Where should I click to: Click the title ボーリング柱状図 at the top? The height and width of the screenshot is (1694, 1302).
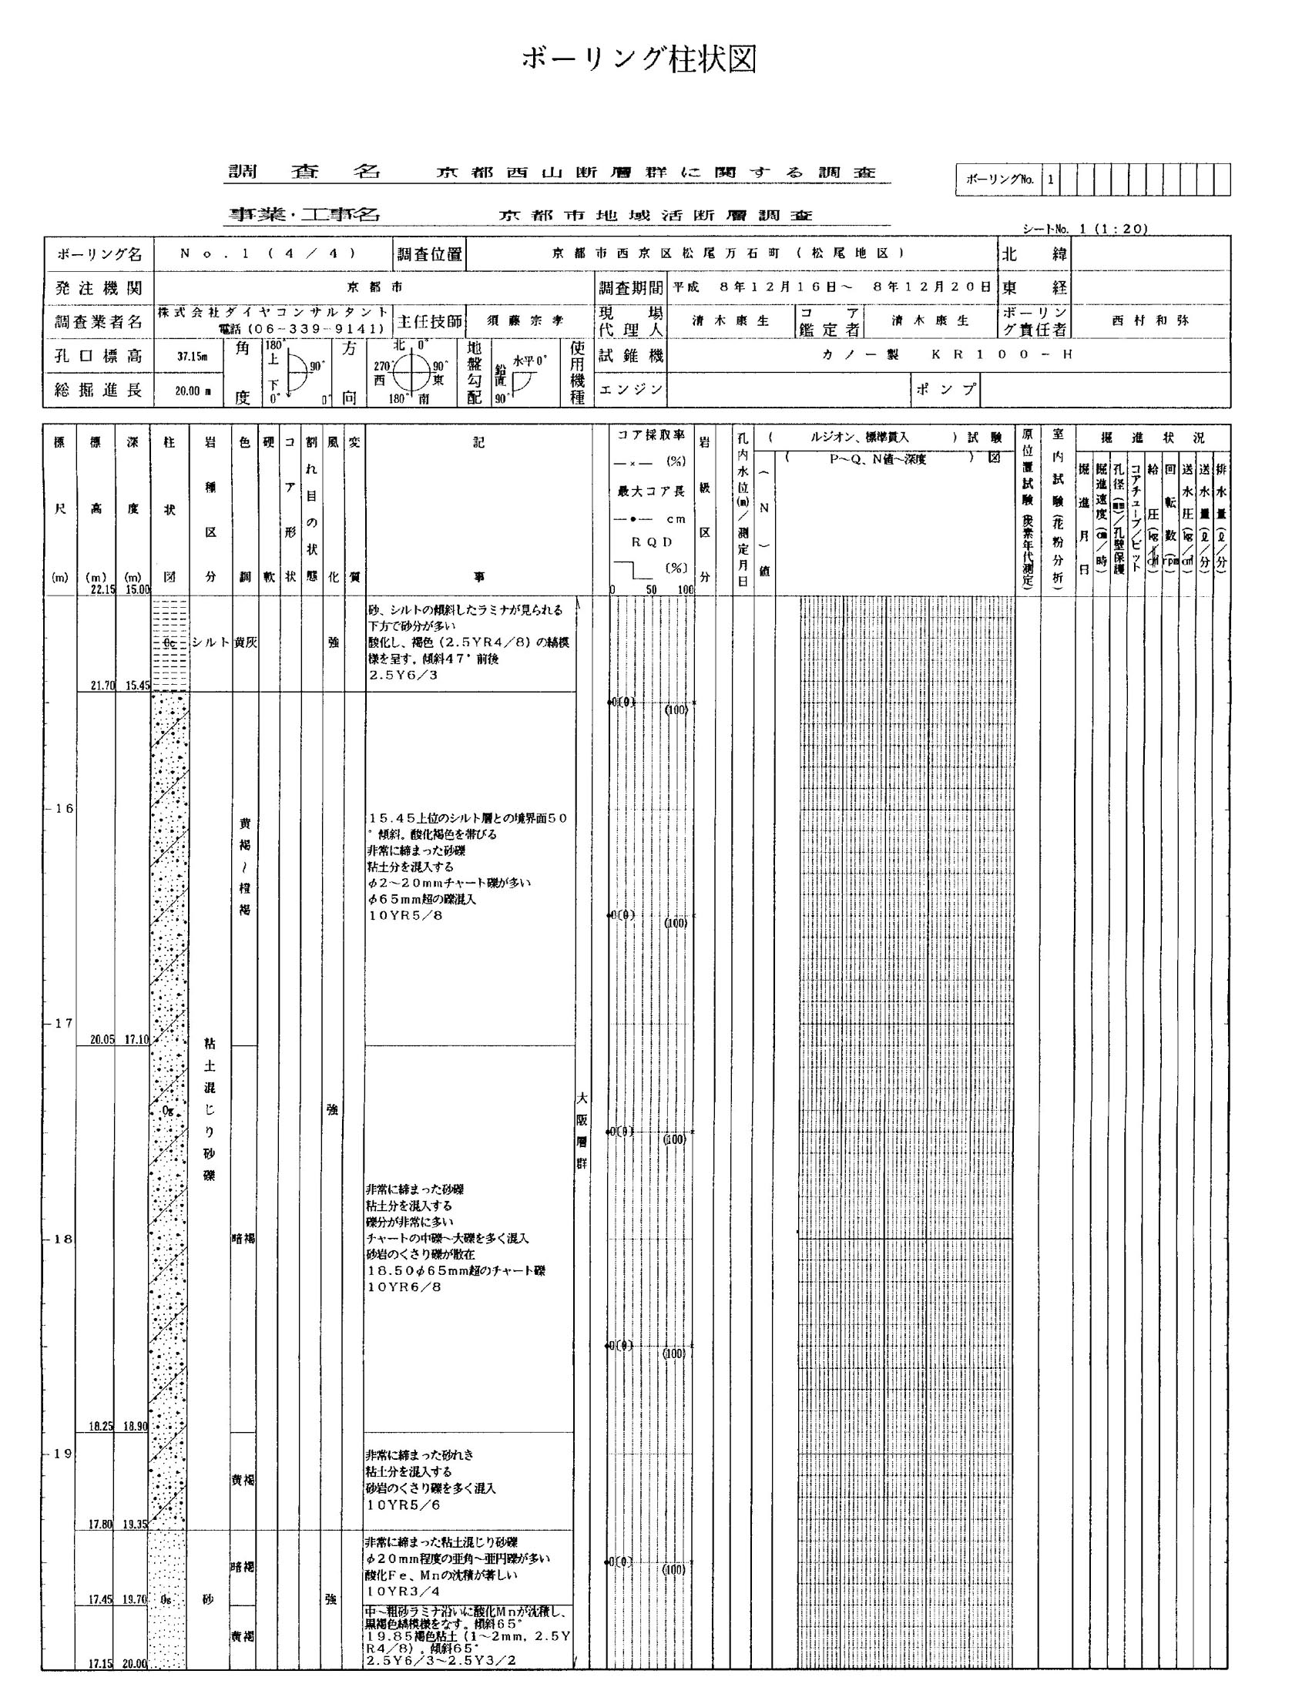click(x=639, y=59)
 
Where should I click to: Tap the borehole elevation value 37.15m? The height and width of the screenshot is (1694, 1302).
click(x=192, y=357)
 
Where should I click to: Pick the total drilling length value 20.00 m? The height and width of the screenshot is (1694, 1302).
click(x=192, y=391)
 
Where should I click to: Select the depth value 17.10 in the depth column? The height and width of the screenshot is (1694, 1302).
click(x=136, y=1039)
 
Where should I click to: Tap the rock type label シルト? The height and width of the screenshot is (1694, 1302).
click(x=211, y=642)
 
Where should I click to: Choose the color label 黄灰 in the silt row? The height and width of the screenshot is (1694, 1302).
click(x=245, y=642)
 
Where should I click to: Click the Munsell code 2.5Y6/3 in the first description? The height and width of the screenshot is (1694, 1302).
click(x=403, y=675)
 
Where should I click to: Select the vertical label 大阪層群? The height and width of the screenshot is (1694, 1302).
click(x=581, y=1131)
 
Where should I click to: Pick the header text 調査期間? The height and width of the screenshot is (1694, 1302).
click(x=630, y=287)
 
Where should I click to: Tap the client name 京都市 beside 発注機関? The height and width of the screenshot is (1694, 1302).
click(x=374, y=287)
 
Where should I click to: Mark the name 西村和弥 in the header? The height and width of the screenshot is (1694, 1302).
click(x=1149, y=320)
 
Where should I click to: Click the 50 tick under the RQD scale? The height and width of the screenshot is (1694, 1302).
click(x=652, y=590)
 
